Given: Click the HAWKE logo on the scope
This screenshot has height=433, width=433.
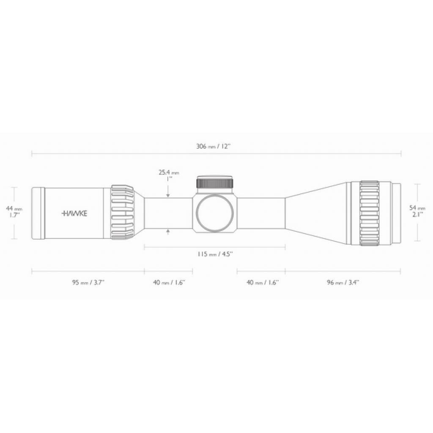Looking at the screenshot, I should click(x=75, y=214).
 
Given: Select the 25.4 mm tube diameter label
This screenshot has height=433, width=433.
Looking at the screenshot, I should click(x=169, y=173).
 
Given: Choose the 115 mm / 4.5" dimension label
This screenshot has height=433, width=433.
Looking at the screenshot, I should click(x=215, y=254).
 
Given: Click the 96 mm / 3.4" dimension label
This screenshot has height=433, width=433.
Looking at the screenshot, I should click(x=343, y=282).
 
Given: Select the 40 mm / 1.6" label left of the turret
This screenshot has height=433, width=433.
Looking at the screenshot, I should click(x=169, y=282).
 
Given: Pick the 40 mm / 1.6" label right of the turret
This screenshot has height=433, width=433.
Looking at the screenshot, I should click(x=263, y=282).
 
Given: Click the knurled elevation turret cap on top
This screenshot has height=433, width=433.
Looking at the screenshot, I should click(x=215, y=183).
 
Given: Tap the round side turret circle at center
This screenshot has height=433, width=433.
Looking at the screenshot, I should click(x=215, y=213).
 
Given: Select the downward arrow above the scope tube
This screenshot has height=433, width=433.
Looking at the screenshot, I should click(x=168, y=195).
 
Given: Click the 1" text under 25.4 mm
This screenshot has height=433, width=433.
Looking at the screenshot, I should click(x=168, y=179).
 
